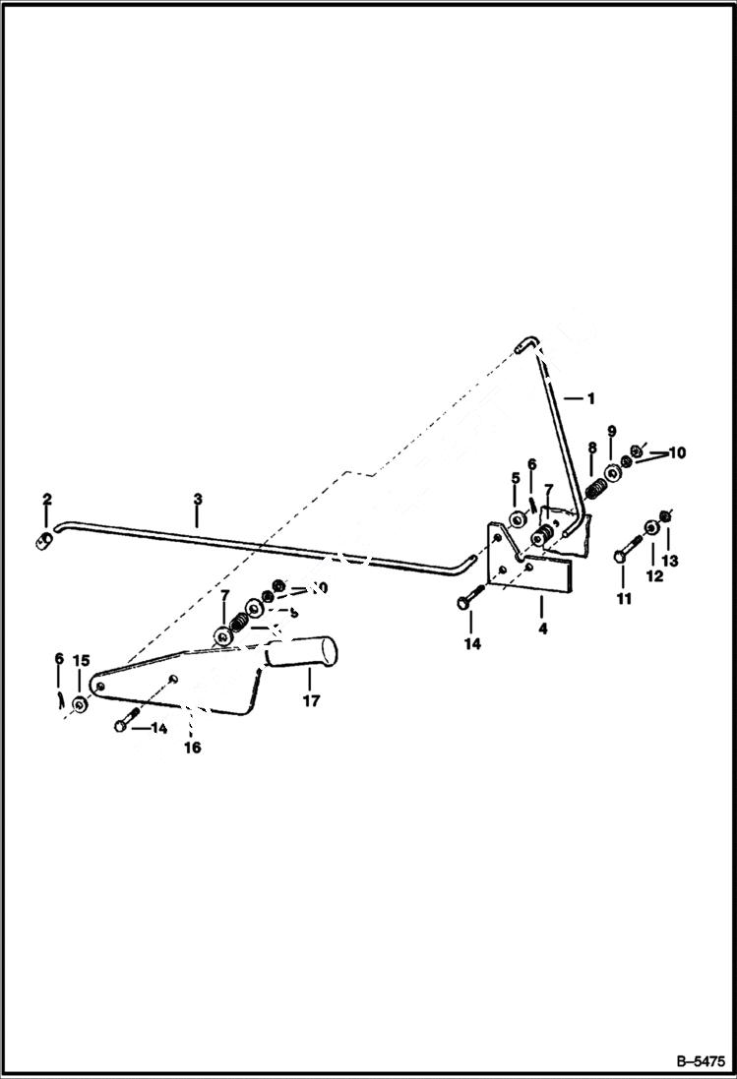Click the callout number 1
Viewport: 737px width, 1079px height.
(590, 399)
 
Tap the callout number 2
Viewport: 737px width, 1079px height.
(46, 501)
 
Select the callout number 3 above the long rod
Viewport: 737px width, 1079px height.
(198, 500)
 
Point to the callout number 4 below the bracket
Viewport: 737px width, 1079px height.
(541, 626)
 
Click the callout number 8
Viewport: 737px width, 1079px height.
(591, 448)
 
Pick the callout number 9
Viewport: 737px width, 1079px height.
(611, 432)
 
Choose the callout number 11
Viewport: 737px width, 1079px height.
(624, 598)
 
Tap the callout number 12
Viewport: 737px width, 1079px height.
(654, 576)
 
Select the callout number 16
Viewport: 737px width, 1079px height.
(192, 748)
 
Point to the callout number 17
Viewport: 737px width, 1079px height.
(311, 702)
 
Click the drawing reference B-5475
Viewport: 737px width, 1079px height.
(700, 1061)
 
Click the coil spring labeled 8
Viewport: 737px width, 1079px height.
(595, 486)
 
